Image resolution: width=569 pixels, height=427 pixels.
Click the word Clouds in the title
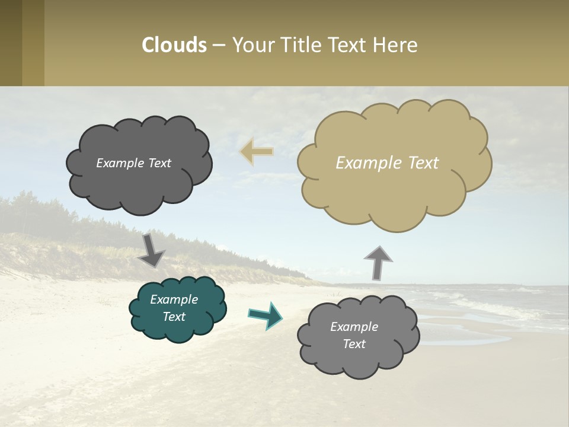tap(174, 45)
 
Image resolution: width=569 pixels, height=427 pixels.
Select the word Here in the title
tap(396, 45)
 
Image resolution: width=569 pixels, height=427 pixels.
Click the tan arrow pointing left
tap(257, 152)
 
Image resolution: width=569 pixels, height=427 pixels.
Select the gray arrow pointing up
tap(378, 262)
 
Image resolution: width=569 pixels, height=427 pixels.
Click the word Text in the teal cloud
tap(174, 317)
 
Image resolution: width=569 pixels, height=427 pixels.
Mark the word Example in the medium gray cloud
tap(354, 327)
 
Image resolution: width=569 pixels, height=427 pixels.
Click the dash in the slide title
tap(218, 45)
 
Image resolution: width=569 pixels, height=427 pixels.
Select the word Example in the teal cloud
tap(174, 299)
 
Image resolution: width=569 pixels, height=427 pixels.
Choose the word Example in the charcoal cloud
tap(119, 163)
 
